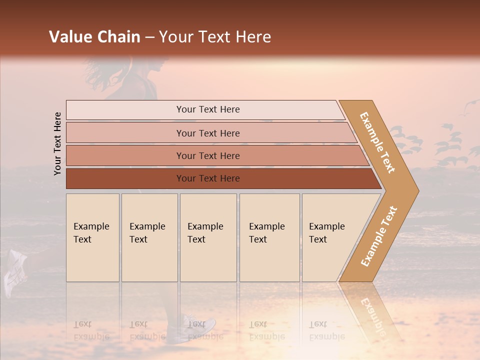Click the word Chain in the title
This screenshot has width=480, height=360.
[119, 37]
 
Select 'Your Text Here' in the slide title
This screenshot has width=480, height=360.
[215, 37]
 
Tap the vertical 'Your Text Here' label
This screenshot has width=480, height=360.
[57, 143]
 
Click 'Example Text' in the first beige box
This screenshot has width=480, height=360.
[91, 233]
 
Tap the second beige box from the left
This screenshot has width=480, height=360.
[149, 237]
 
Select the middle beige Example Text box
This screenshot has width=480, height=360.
[208, 237]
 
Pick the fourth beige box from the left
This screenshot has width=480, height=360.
[269, 237]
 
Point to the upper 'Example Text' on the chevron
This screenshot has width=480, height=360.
[377, 142]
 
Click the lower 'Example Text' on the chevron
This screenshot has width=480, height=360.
[379, 236]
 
